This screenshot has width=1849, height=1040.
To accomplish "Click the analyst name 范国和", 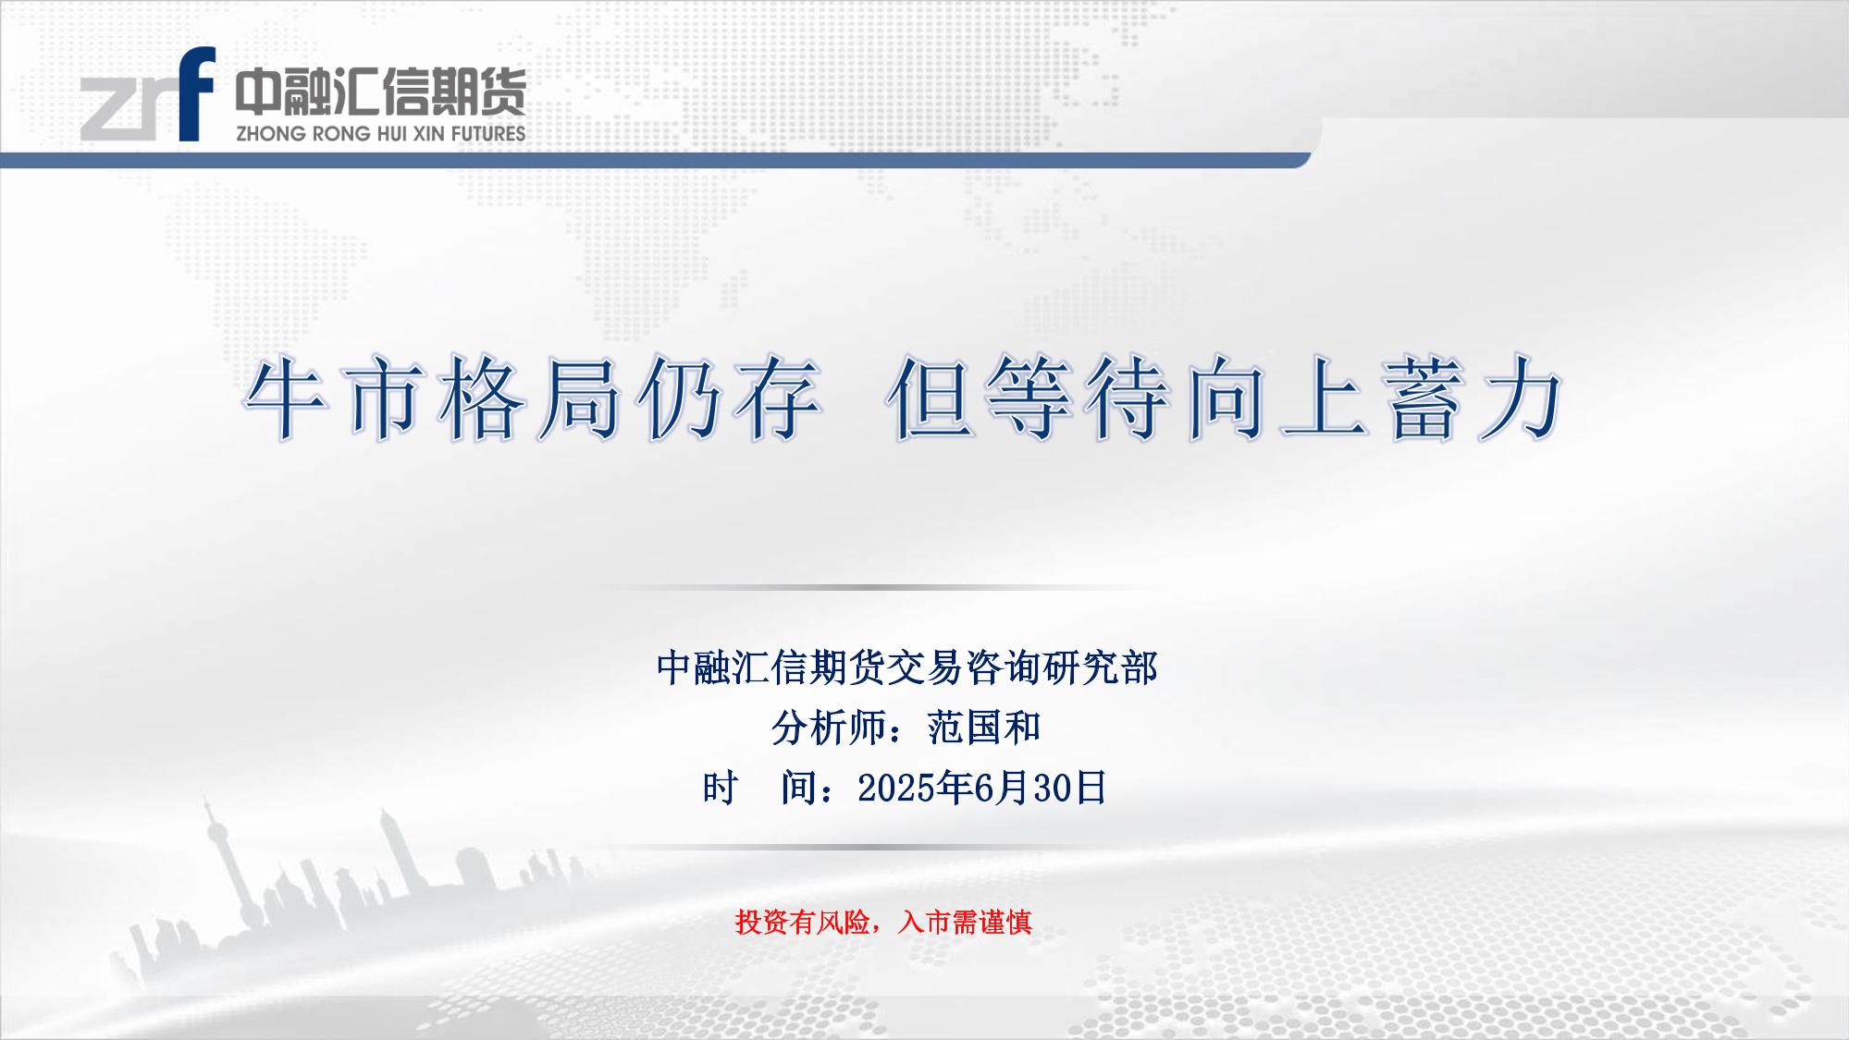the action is tap(984, 728).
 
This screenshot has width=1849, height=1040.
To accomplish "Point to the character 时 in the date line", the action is tap(720, 789).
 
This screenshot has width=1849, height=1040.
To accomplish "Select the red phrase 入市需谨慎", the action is tap(965, 922).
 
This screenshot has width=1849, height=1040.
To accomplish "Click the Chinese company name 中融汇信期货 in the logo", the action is tap(380, 92).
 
